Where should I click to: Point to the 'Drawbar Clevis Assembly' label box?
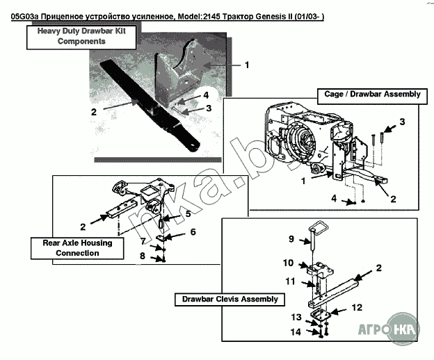(230, 300)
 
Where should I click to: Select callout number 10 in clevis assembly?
(289, 263)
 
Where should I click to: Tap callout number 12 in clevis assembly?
(355, 306)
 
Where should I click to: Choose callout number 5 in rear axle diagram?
(188, 214)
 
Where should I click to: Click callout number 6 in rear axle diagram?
(193, 231)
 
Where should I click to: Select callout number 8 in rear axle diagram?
(142, 256)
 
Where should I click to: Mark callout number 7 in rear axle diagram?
(142, 241)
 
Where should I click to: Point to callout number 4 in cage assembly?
(334, 199)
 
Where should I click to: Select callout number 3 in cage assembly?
(401, 122)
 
